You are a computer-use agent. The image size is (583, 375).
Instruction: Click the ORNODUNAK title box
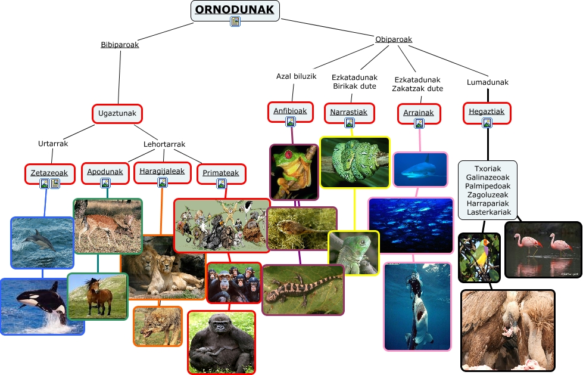point(235,10)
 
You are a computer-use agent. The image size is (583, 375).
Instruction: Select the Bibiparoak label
point(120,44)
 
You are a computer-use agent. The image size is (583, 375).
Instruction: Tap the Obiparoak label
point(394,39)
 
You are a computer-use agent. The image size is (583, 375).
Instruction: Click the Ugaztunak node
point(117,113)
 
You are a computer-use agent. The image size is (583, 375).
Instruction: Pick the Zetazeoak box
point(50,173)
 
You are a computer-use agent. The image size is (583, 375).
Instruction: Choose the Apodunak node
point(105,172)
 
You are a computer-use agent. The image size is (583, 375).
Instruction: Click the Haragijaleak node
point(162,171)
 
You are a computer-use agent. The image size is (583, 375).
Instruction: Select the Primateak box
point(220,173)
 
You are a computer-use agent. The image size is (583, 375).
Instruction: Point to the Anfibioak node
point(290,111)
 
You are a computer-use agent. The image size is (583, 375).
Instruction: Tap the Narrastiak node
point(349,112)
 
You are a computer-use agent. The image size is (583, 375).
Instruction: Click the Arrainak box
point(419,113)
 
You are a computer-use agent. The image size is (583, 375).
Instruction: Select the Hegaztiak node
point(487,111)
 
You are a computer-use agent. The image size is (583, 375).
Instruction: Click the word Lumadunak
point(488,82)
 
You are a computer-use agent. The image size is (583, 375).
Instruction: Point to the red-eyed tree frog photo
point(294,172)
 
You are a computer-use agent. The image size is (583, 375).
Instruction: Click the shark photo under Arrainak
point(420,169)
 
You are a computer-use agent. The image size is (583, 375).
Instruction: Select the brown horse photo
point(97,296)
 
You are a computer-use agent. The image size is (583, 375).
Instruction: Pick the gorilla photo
point(221,342)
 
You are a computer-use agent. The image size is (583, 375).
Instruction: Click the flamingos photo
point(543,249)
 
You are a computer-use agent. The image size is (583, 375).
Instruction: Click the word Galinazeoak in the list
point(488,177)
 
